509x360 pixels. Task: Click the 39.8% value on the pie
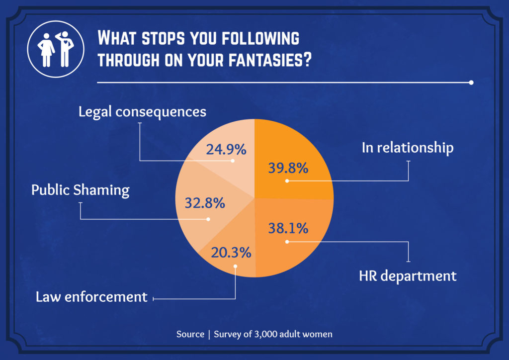tap(288, 168)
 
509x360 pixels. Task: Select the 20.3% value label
tap(231, 253)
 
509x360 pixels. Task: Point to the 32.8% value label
tap(205, 203)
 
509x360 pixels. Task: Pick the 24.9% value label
tap(226, 149)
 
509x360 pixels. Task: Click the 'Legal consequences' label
tap(142, 111)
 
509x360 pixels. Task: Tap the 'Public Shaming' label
tap(80, 190)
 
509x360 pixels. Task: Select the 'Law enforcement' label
tap(91, 297)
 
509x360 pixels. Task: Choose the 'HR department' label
tap(408, 275)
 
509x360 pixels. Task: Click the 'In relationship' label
tap(407, 148)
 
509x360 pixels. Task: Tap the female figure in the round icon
tap(47, 50)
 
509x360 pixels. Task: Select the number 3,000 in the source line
tap(268, 334)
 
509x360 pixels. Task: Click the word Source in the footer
tap(190, 334)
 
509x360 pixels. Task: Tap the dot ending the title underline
tap(471, 83)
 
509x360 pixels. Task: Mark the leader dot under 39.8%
tap(287, 181)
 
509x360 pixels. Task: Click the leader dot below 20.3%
tap(235, 266)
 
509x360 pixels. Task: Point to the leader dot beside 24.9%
tap(232, 161)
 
